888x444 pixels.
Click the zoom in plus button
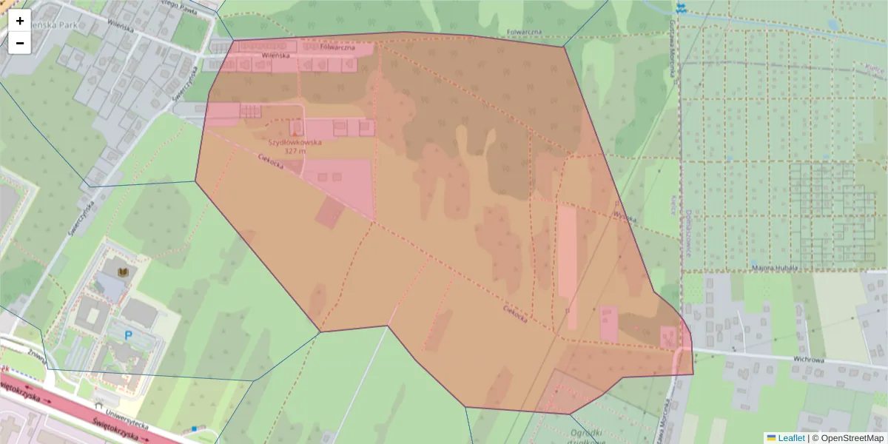point(20,21)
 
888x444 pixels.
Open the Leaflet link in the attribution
point(790,437)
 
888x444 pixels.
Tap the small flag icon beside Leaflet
point(771,437)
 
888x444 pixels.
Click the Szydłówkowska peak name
point(295,143)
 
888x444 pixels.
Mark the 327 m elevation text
point(295,151)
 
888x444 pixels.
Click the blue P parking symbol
point(128,336)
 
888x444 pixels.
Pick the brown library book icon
point(124,274)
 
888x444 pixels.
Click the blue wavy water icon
point(681,8)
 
